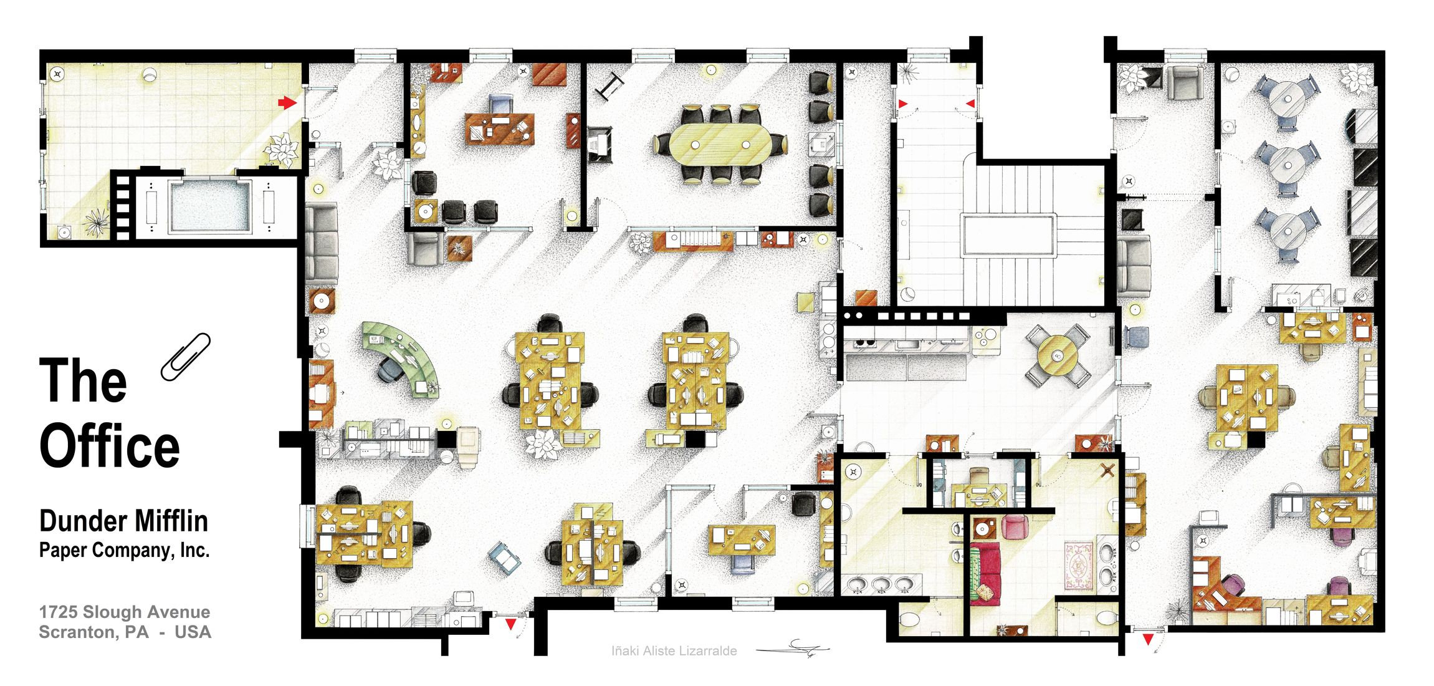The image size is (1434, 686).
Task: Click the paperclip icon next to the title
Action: coord(185,357)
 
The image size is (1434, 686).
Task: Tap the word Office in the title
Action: coord(110,447)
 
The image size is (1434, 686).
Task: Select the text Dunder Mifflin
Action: coord(123,521)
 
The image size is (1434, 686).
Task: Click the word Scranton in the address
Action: coord(75,632)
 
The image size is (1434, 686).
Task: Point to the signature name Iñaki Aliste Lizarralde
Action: coord(674,651)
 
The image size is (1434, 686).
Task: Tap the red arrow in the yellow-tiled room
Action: coord(286,102)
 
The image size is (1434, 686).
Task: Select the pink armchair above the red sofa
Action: coord(1013,527)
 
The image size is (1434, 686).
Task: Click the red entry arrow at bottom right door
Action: coord(1147,639)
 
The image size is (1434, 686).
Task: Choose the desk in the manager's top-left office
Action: coord(500,128)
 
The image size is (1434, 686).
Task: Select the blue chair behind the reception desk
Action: coord(391,371)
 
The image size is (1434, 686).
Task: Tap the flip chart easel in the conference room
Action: coord(609,87)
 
